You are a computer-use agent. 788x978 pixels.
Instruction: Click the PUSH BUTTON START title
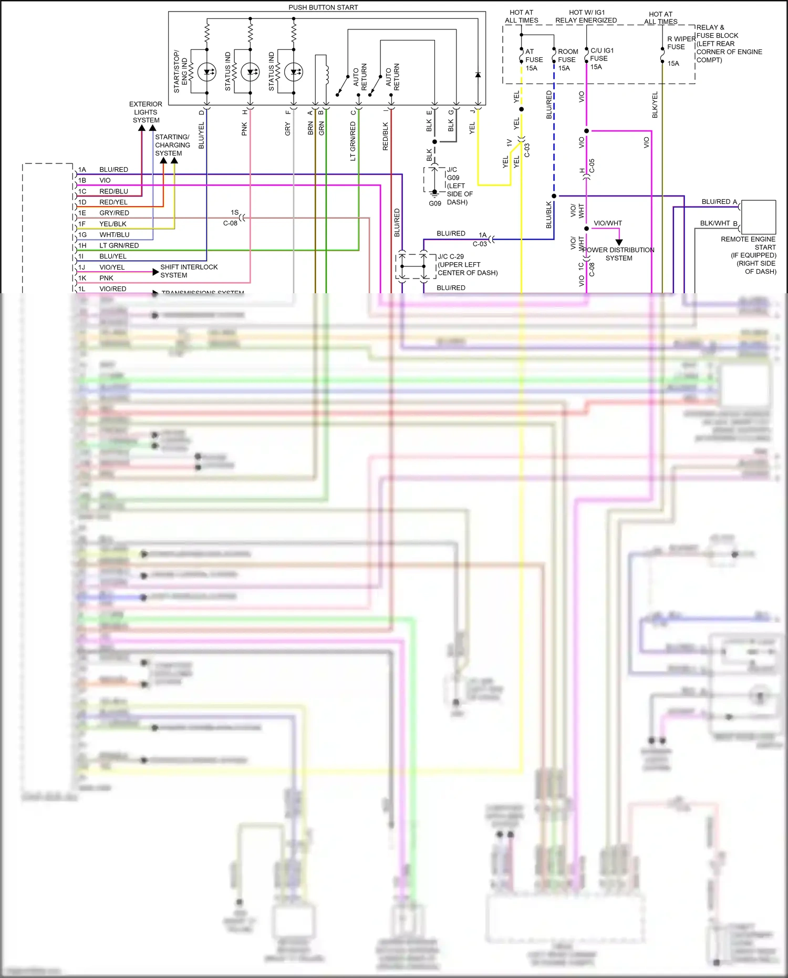pyautogui.click(x=323, y=7)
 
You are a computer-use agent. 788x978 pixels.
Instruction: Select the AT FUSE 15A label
pyautogui.click(x=534, y=60)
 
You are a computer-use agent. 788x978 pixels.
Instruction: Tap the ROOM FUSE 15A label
pyautogui.click(x=567, y=60)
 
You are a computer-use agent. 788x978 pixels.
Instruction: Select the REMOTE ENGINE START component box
pyautogui.click(x=759, y=217)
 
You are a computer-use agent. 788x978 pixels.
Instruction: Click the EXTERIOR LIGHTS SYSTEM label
pyautogui.click(x=146, y=112)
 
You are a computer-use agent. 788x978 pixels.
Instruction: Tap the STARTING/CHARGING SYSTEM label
pyautogui.click(x=172, y=145)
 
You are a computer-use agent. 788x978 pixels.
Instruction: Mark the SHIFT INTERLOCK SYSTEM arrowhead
pyautogui.click(x=155, y=272)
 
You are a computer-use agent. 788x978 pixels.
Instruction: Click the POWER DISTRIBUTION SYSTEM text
pyautogui.click(x=619, y=254)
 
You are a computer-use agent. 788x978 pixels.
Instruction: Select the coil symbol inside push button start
pyautogui.click(x=327, y=75)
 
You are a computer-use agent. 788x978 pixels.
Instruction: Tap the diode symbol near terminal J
pyautogui.click(x=478, y=75)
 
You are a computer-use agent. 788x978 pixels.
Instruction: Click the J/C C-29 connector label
pyautogui.click(x=451, y=256)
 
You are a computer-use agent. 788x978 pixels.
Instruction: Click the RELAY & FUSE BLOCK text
pyautogui.click(x=717, y=32)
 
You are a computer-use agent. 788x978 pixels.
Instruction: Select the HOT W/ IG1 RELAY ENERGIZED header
pyautogui.click(x=586, y=16)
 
